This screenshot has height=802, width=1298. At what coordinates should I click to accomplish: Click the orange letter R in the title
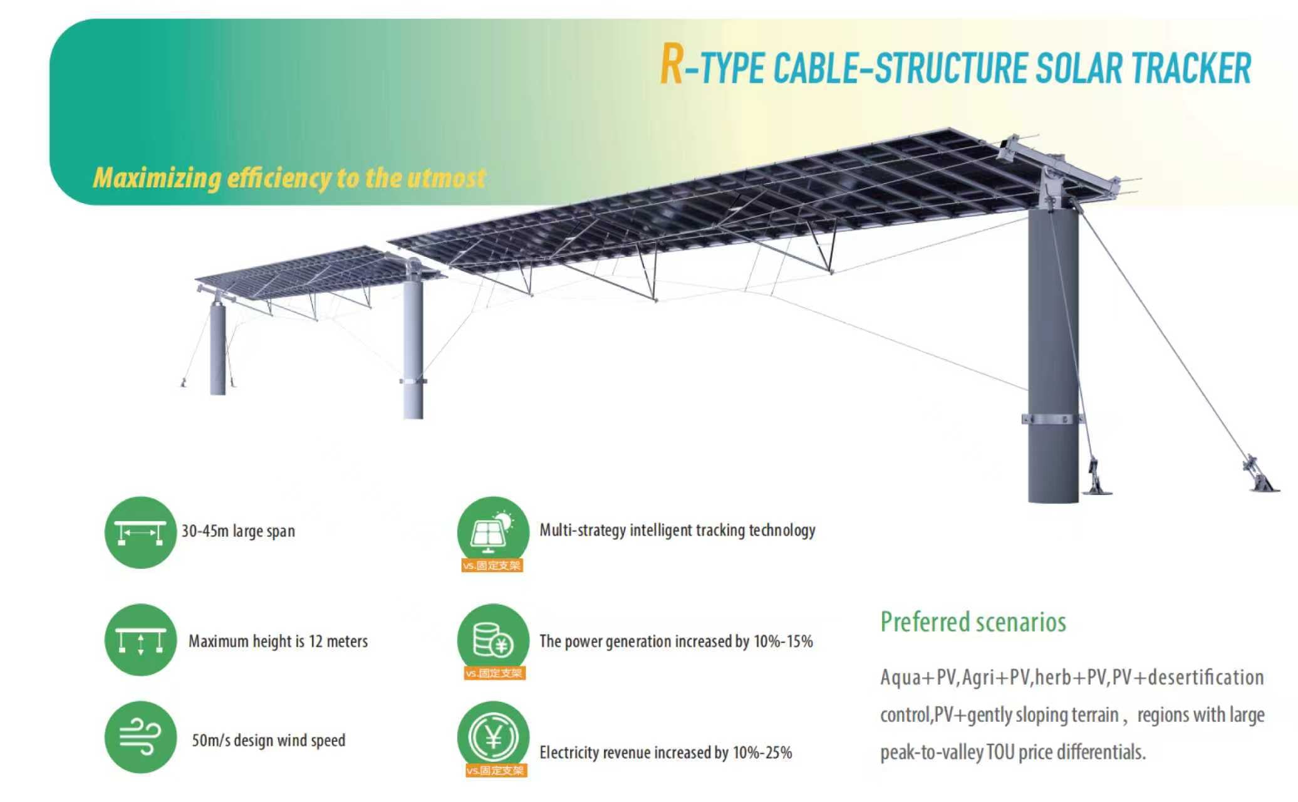[671, 65]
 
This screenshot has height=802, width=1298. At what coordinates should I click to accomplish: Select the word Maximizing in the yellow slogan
[157, 178]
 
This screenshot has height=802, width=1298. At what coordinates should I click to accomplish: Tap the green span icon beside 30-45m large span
[141, 533]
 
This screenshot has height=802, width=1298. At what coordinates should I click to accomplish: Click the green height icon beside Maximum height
[141, 640]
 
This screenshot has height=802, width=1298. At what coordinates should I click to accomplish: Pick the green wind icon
[141, 737]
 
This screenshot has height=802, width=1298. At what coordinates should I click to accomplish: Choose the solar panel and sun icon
[493, 529]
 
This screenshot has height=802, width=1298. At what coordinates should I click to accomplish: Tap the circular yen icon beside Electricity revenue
[493, 736]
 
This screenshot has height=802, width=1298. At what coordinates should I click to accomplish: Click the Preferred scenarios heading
[973, 622]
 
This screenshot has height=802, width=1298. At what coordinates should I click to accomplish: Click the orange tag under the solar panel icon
[492, 566]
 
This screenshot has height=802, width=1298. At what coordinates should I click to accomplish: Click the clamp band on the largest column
[1053, 419]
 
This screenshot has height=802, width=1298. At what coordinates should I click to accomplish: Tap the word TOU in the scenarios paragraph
[1000, 752]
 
